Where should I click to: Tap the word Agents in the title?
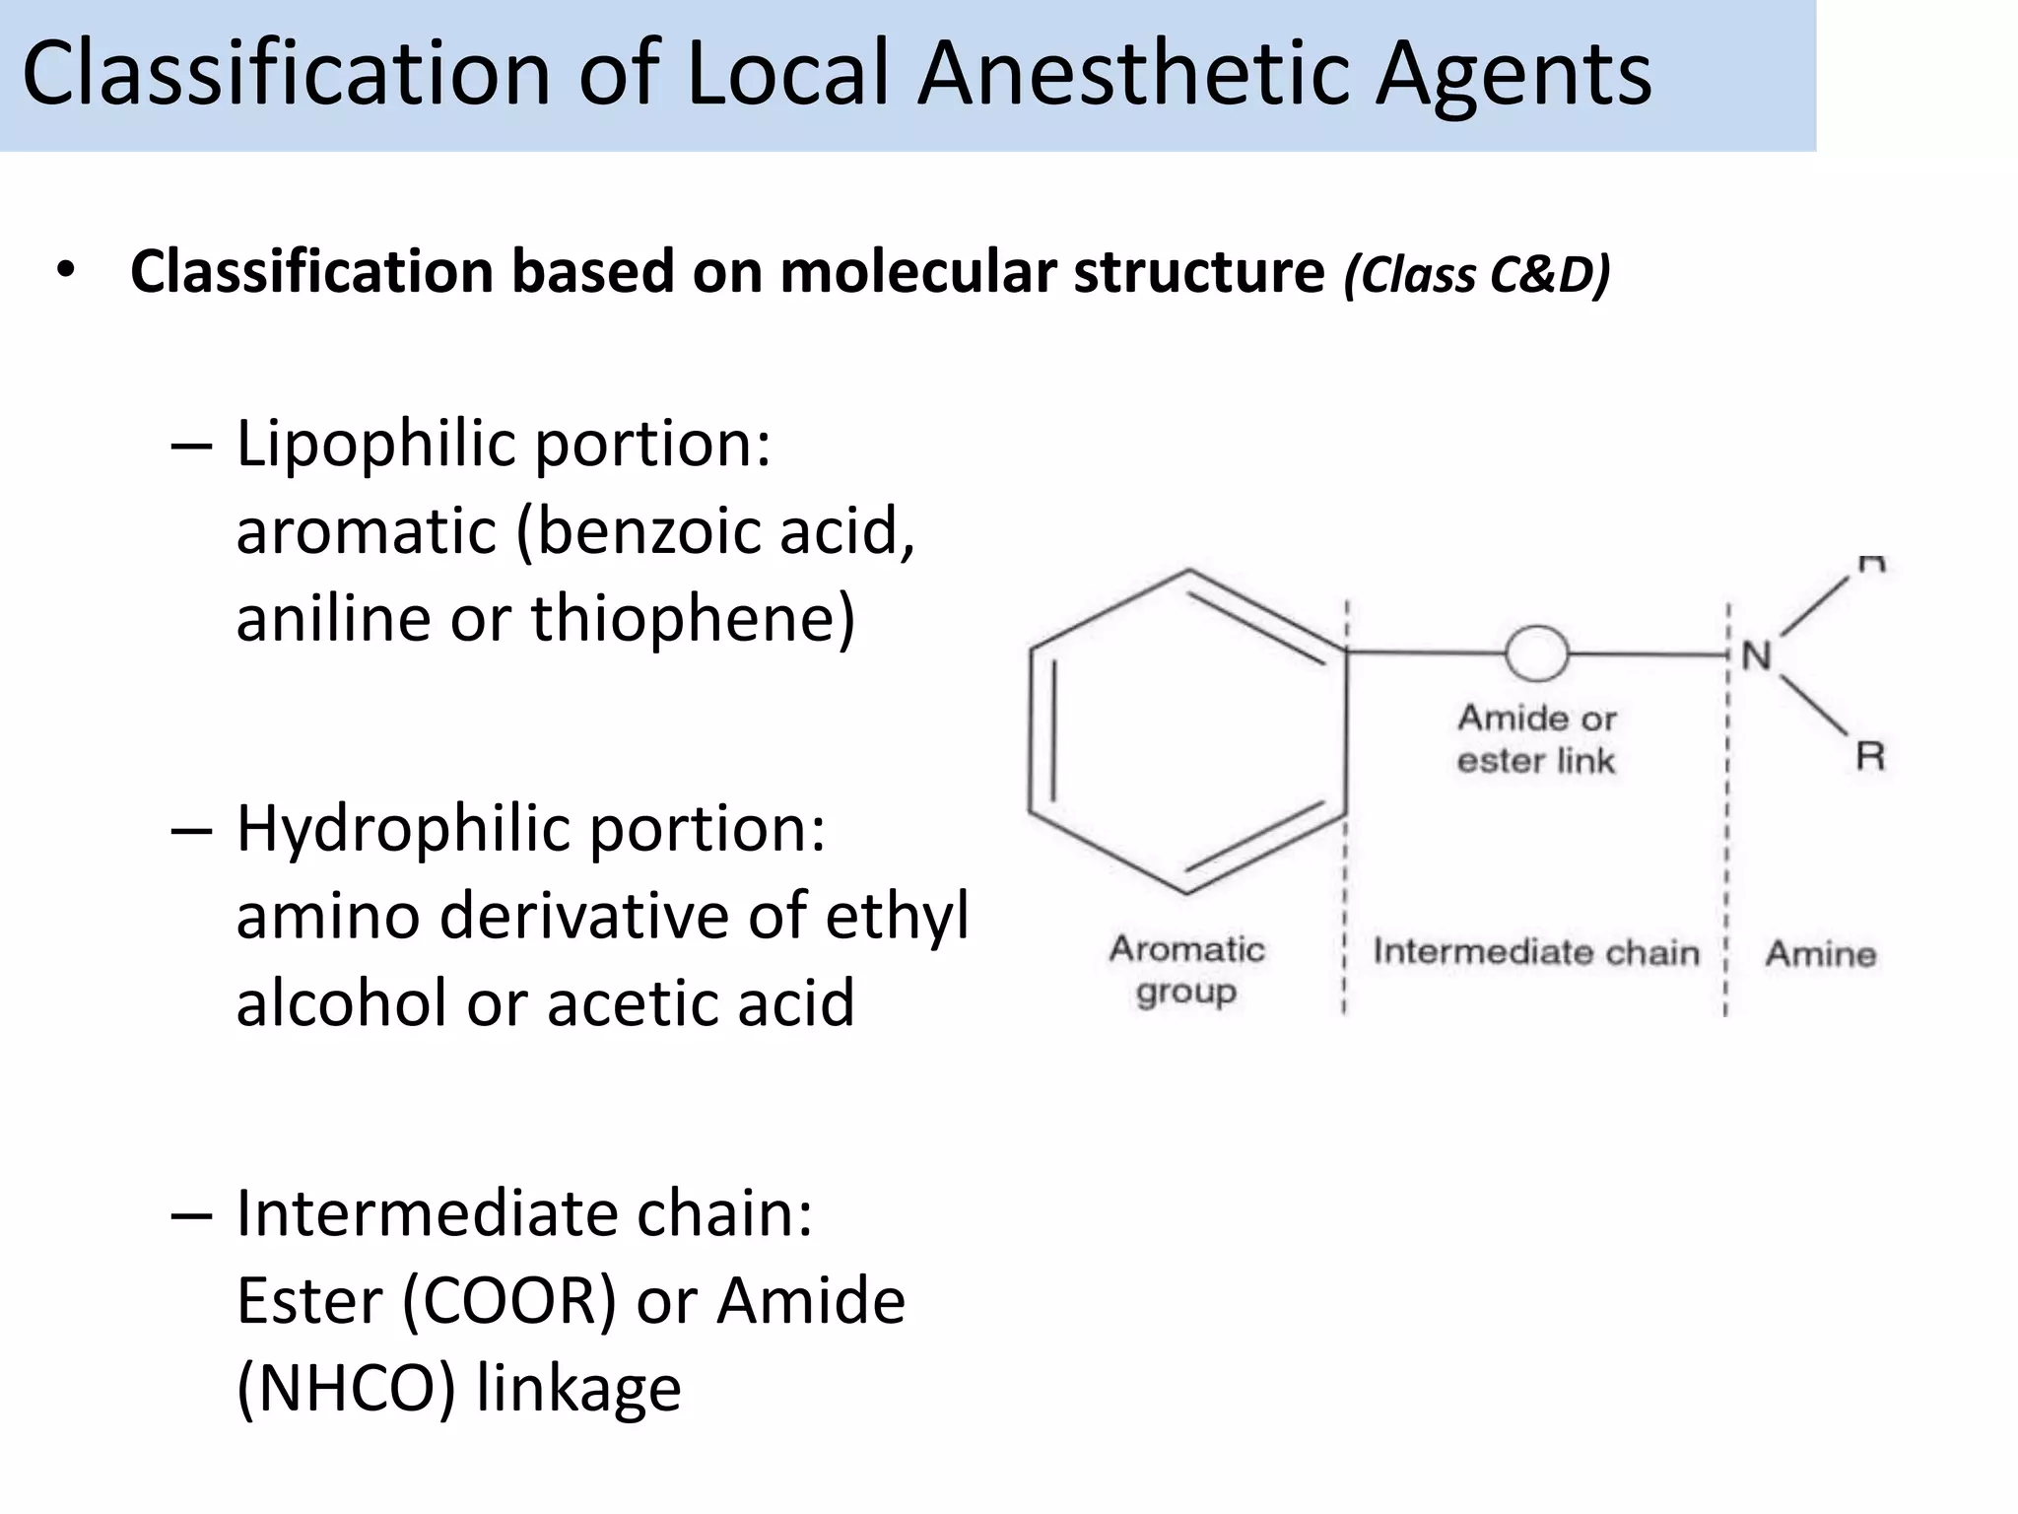(1513, 77)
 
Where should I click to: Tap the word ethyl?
(897, 917)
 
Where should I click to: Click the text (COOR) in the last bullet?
(508, 1301)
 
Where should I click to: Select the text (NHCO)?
(347, 1388)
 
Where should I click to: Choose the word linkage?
(578, 1388)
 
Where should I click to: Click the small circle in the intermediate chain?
(1536, 654)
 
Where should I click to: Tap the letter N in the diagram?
(1756, 655)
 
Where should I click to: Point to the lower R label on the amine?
(1869, 757)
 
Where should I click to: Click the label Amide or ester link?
(1536, 739)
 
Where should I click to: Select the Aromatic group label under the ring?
(1186, 970)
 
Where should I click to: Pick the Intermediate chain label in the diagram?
(1536, 952)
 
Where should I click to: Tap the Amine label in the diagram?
(1820, 953)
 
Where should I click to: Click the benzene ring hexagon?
(1186, 731)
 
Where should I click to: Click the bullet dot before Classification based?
(65, 270)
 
